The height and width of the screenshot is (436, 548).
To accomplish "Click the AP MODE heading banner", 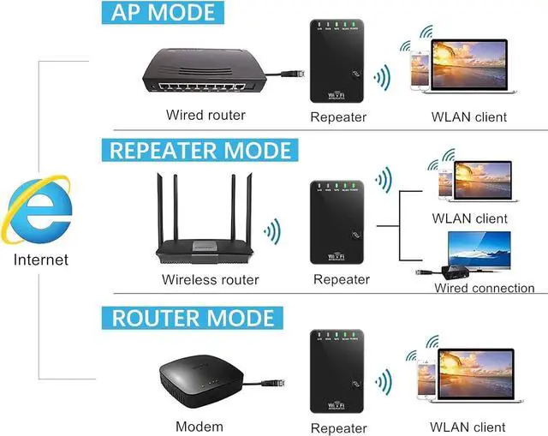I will [162, 14].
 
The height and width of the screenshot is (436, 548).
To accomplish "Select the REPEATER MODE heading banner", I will [200, 150].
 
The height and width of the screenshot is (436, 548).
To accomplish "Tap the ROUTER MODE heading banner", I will [193, 318].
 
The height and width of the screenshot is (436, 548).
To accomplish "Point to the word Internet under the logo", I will [39, 259].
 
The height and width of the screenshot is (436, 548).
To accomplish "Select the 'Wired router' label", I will [205, 115].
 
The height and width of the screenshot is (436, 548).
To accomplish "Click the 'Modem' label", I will [199, 426].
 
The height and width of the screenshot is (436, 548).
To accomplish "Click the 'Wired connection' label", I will [484, 288].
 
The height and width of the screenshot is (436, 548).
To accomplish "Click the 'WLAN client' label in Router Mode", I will [468, 426].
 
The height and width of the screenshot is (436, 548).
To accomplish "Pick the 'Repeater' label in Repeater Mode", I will [341, 279].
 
